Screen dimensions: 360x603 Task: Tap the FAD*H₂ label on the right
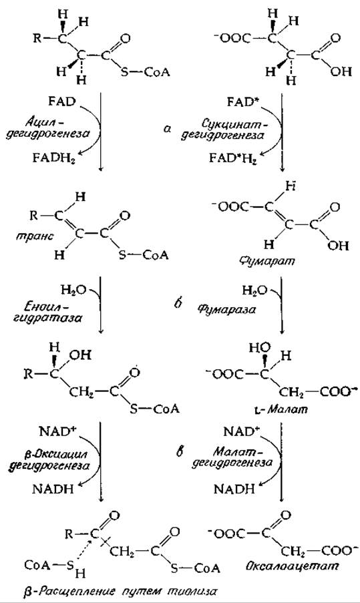tap(232, 158)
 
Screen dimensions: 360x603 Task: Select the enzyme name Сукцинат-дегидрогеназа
tap(234, 130)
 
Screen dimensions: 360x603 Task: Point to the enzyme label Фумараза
tap(227, 309)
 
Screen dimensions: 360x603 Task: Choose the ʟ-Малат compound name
tap(283, 409)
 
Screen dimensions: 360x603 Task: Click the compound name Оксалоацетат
tap(293, 566)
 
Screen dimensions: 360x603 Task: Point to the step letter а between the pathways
tap(166, 130)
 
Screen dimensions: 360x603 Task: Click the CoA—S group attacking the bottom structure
tap(49, 565)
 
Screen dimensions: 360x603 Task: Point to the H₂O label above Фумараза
tap(254, 290)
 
